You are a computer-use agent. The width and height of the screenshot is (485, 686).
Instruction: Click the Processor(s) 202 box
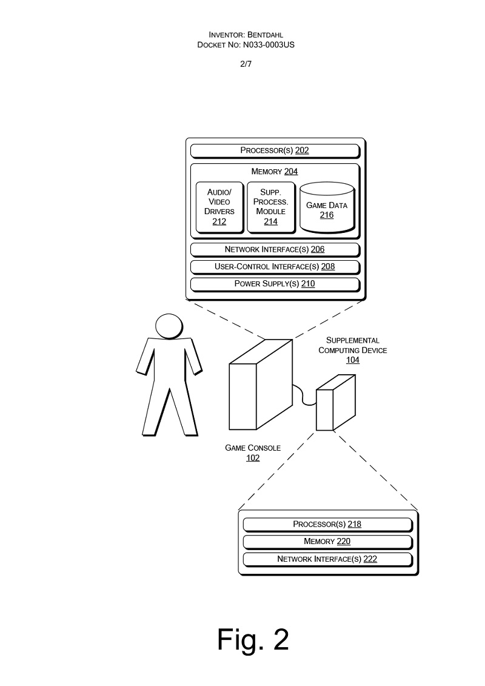pos(275,150)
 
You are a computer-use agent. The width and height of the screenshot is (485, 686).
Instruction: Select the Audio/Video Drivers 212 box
pos(219,207)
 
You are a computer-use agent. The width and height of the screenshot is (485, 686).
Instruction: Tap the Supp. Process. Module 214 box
pos(270,207)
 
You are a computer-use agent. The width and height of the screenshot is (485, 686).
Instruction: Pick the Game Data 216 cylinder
pos(327,209)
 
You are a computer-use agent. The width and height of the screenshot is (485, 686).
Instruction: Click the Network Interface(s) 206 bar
pos(275,249)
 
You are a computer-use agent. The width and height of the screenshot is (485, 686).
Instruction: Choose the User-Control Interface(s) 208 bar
pos(275,266)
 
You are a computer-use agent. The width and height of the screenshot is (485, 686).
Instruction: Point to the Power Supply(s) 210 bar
pos(275,283)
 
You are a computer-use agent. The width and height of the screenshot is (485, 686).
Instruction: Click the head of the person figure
pos(169,326)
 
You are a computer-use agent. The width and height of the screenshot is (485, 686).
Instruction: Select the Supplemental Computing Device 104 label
pos(352,350)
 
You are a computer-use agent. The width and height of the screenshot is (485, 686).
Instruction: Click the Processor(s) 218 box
pos(327,524)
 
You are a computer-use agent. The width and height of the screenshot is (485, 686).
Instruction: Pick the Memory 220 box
pos(327,542)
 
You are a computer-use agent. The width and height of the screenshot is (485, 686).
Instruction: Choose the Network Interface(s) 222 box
pos(327,559)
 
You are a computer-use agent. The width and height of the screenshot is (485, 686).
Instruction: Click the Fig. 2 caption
pos(253,639)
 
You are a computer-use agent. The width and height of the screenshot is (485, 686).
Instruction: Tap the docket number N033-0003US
pos(270,45)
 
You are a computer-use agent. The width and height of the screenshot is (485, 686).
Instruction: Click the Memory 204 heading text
pos(275,172)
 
